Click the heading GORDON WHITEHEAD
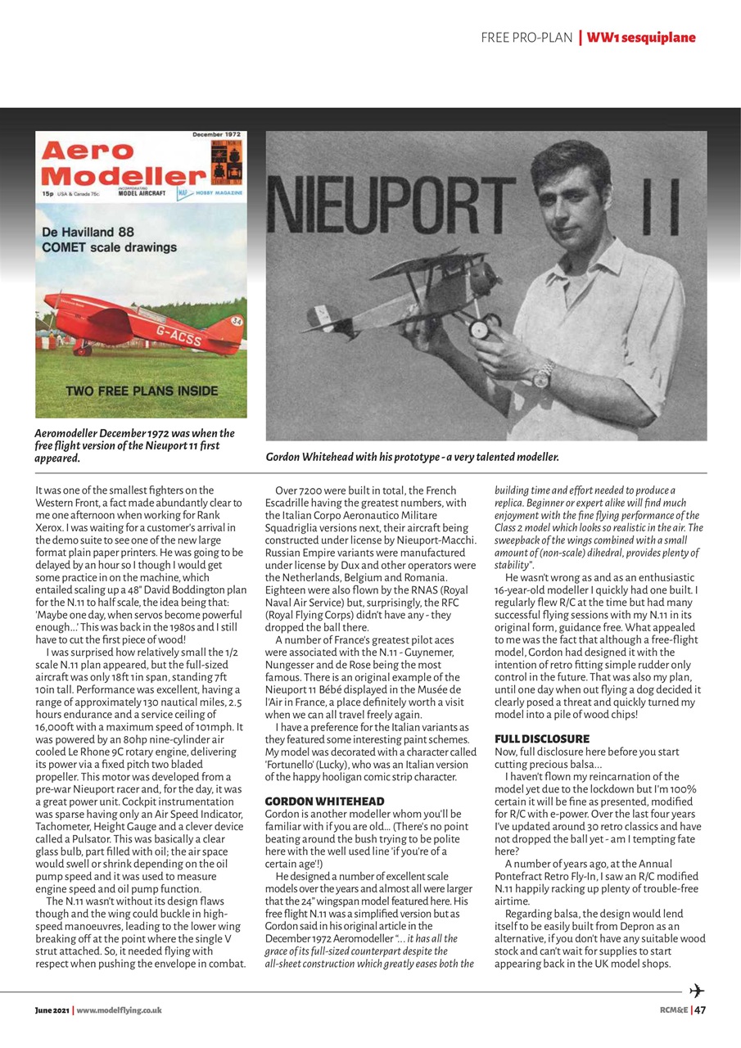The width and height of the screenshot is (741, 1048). tap(324, 800)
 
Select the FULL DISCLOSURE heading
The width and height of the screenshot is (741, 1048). tap(542, 739)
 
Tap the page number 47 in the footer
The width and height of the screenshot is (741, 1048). tap(700, 1010)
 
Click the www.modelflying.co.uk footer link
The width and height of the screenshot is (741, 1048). tap(119, 1010)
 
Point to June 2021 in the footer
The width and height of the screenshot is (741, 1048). tap(52, 1010)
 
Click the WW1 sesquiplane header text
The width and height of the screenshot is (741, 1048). tap(641, 38)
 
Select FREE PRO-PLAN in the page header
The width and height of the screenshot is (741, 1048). tap(526, 38)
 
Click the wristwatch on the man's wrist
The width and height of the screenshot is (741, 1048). tap(543, 377)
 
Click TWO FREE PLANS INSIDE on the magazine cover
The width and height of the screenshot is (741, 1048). tap(142, 391)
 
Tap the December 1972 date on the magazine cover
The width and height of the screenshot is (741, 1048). tap(217, 134)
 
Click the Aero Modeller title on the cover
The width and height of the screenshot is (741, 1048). tap(121, 164)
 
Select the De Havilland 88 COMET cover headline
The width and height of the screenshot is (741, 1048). tap(109, 239)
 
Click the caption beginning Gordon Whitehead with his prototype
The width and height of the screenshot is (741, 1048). tap(412, 457)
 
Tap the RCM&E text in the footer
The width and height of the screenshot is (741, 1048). tap(673, 1010)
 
